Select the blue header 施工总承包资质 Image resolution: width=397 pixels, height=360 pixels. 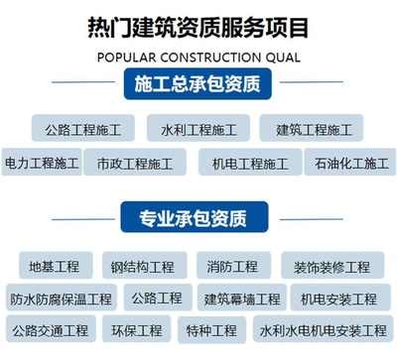click(x=198, y=86)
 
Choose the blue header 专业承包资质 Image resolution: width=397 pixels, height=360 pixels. click(x=198, y=217)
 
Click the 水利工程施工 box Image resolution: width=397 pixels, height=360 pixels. click(x=199, y=129)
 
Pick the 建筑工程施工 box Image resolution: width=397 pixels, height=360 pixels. click(x=313, y=129)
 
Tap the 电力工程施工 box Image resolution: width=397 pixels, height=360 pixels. click(x=41, y=163)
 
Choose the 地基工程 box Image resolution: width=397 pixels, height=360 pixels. click(x=55, y=267)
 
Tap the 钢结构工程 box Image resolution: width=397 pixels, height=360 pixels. click(x=143, y=267)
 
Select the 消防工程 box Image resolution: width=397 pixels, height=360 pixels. click(x=232, y=267)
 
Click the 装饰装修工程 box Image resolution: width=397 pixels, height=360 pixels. click(x=331, y=267)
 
